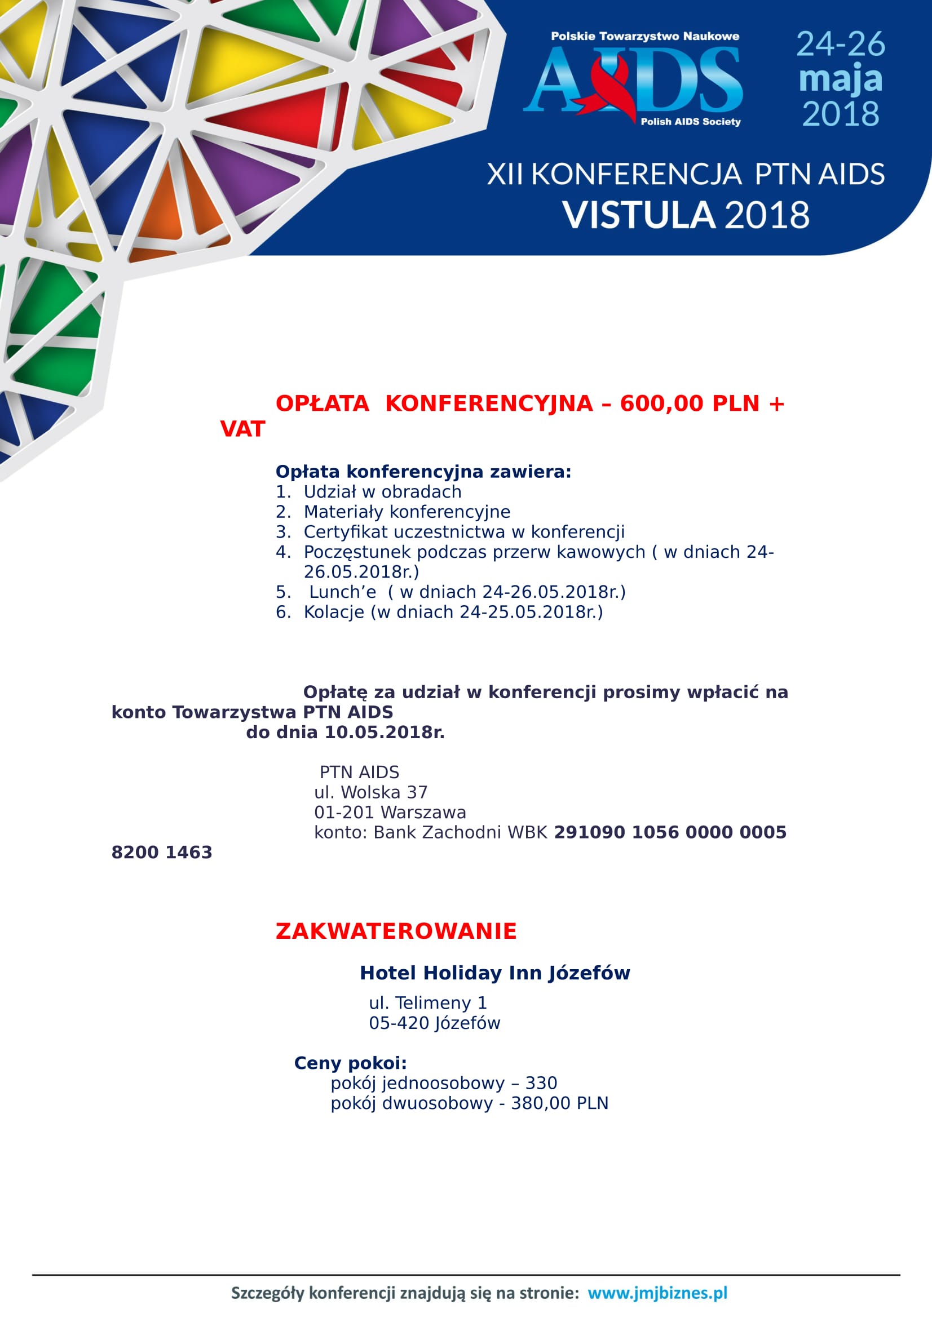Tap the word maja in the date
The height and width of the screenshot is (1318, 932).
click(840, 79)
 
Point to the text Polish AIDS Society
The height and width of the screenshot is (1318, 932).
click(690, 122)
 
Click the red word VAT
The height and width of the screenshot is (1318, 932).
click(242, 429)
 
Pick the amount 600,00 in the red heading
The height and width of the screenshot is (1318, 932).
click(661, 403)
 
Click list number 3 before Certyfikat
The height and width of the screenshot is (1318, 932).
click(282, 531)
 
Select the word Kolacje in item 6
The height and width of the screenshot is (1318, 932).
click(334, 612)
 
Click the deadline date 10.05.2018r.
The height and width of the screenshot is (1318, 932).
click(385, 733)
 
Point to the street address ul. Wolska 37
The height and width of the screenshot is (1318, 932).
click(370, 792)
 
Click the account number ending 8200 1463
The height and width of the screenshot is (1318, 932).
click(161, 853)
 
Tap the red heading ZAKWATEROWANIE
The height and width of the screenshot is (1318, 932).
click(396, 931)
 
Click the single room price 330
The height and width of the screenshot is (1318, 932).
click(541, 1082)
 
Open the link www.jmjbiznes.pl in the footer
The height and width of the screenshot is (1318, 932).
click(657, 1288)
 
